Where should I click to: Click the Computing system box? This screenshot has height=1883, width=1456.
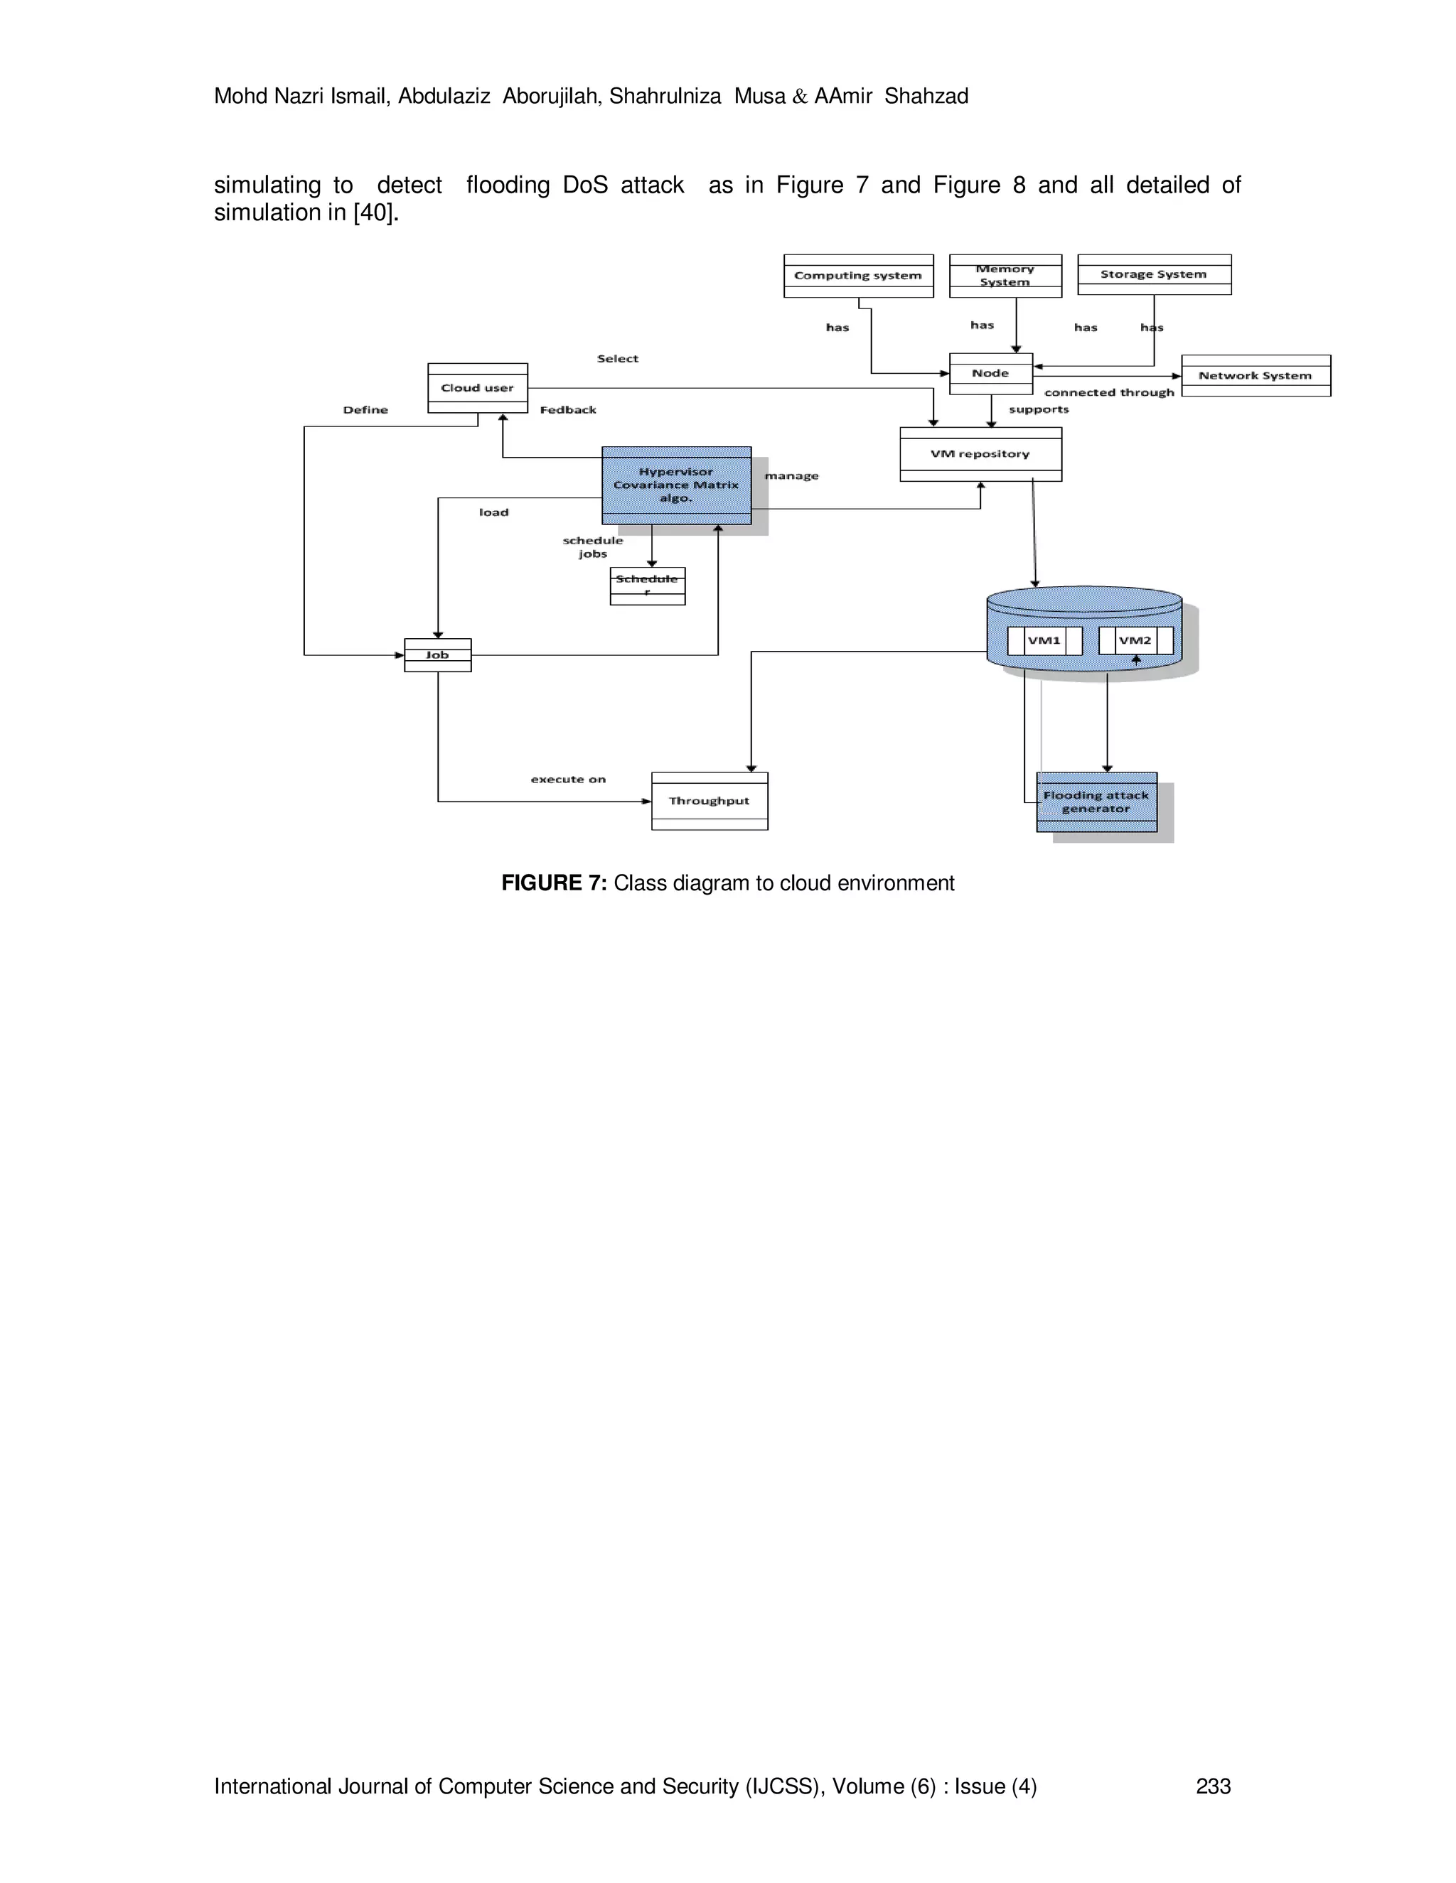click(x=858, y=276)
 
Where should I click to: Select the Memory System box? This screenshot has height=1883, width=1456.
click(x=1005, y=276)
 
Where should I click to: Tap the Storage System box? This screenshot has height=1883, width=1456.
click(x=1153, y=274)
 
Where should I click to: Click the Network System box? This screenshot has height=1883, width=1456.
click(x=1255, y=376)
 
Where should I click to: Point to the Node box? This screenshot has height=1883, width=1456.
click(x=990, y=373)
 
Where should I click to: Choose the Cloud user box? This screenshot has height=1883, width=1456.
click(x=477, y=388)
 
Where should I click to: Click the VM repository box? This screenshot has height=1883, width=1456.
click(x=980, y=453)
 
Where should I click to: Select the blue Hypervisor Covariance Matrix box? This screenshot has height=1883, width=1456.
click(x=675, y=485)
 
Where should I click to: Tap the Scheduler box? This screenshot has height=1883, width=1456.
click(x=647, y=586)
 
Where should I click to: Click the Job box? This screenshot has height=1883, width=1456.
click(x=437, y=655)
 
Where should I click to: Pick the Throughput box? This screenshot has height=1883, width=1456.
click(x=709, y=801)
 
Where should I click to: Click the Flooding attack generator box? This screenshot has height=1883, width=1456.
click(x=1096, y=802)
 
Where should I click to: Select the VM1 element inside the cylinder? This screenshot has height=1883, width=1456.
click(x=1044, y=641)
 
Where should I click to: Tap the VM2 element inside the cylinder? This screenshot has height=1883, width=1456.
click(x=1135, y=641)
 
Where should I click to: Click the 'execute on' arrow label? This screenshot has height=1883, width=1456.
click(x=567, y=779)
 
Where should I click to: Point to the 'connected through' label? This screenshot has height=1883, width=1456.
click(x=1109, y=392)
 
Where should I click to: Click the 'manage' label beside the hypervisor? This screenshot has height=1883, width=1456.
click(x=791, y=476)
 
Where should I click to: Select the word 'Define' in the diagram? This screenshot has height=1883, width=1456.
click(x=365, y=409)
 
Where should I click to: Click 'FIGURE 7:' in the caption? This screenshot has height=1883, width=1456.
click(x=554, y=883)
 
